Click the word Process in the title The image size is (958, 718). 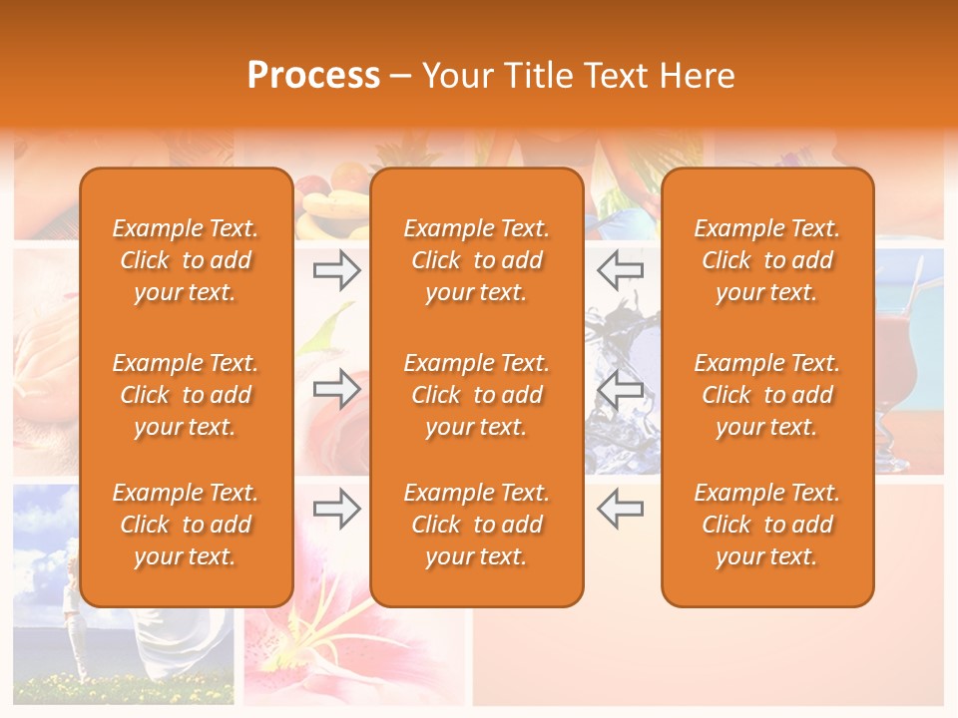[x=313, y=76]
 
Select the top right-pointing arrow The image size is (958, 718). [x=336, y=270]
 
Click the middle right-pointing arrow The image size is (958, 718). [x=336, y=389]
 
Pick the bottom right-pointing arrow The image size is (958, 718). [x=336, y=509]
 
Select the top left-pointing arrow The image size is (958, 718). [x=620, y=270]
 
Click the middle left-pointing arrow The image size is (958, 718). [x=620, y=389]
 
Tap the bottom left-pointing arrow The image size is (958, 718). [x=620, y=509]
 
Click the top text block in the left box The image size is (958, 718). [x=186, y=260]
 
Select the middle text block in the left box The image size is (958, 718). [x=186, y=395]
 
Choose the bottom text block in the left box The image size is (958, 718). [x=186, y=525]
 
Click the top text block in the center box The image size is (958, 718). [x=476, y=260]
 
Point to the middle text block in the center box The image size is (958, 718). [x=476, y=395]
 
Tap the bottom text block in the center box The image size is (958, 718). [x=476, y=525]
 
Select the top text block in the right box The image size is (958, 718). [x=766, y=260]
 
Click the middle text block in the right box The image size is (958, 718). [x=766, y=395]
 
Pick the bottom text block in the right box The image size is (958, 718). [x=766, y=525]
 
